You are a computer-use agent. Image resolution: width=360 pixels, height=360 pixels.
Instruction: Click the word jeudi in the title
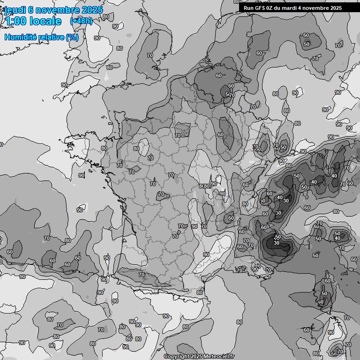pyautogui.click(x=15, y=10)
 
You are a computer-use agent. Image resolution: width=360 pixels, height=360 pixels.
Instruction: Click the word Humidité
pyautogui.click(x=20, y=37)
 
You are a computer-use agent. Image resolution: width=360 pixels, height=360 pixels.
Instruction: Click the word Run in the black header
pyautogui.click(x=248, y=8)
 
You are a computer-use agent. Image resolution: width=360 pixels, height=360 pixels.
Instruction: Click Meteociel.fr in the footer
pyautogui.click(x=220, y=357)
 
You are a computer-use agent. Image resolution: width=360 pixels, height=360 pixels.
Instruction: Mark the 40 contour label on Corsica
pyautogui.click(x=321, y=302)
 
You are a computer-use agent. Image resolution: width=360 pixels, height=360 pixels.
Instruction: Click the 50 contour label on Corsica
pyautogui.click(x=324, y=294)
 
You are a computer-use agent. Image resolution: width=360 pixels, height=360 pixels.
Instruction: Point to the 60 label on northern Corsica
pyautogui.click(x=328, y=281)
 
